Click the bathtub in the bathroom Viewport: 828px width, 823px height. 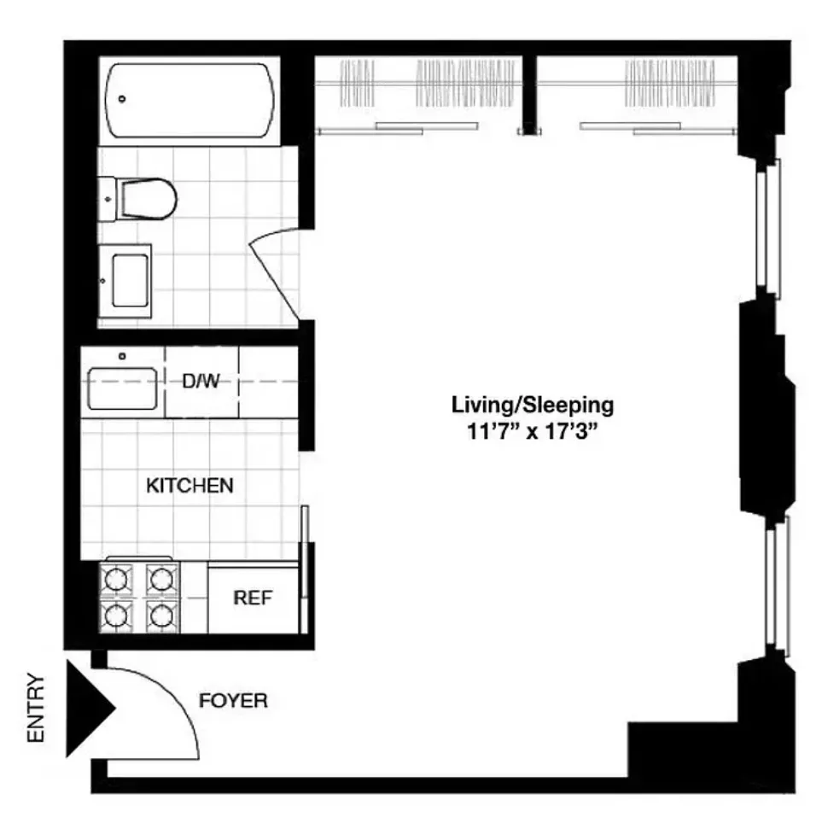(x=191, y=99)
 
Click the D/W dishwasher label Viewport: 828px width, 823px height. (x=201, y=382)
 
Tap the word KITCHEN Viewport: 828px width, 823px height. (x=190, y=486)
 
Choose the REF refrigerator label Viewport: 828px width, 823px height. (x=253, y=598)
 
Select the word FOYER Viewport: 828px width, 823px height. (x=233, y=702)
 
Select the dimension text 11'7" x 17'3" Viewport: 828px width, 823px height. (x=525, y=431)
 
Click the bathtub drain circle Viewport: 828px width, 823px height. (x=123, y=99)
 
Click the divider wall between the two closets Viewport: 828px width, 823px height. (x=529, y=94)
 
